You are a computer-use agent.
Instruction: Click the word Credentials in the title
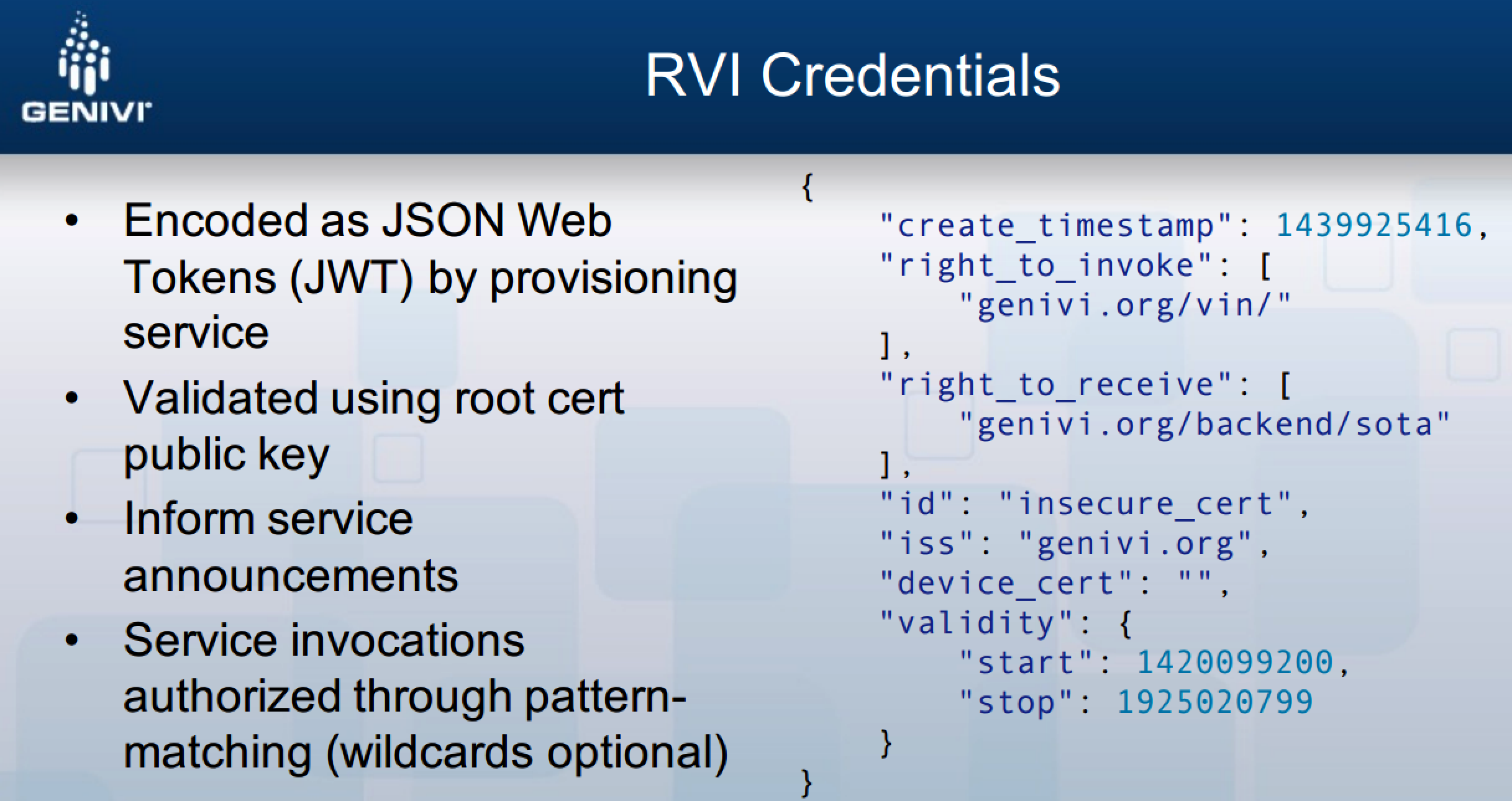click(910, 76)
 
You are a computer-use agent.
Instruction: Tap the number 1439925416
click(1373, 225)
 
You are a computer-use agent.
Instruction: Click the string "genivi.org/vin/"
click(1125, 305)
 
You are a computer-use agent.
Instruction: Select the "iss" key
click(926, 543)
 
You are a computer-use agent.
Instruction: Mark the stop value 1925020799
click(1215, 702)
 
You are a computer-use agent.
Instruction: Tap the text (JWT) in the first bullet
click(352, 277)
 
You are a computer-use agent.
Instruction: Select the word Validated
click(221, 397)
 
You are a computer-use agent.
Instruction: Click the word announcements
click(291, 575)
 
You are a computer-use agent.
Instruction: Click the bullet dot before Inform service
click(72, 518)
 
